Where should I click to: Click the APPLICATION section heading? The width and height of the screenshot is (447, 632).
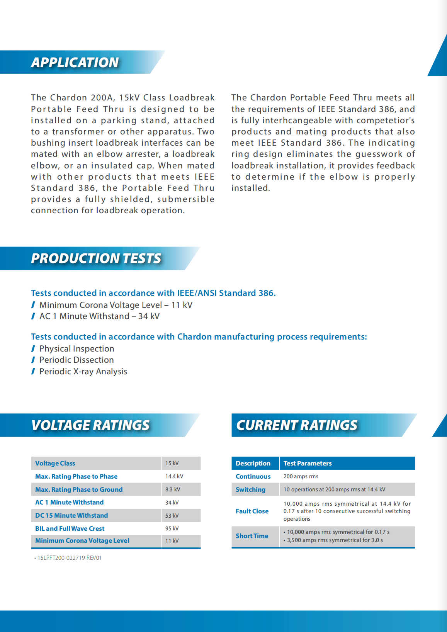(75, 62)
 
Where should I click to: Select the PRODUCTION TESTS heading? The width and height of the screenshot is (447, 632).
(96, 258)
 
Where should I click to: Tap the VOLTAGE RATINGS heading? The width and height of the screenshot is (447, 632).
(90, 425)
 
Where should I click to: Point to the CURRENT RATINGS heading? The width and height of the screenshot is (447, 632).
(297, 425)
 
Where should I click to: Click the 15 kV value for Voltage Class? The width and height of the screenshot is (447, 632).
(172, 463)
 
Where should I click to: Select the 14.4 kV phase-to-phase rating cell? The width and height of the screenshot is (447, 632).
(174, 476)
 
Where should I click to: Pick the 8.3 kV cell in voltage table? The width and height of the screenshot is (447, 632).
(173, 489)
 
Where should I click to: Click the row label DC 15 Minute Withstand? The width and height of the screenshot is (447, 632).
(71, 515)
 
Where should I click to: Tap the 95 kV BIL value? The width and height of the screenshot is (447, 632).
(172, 528)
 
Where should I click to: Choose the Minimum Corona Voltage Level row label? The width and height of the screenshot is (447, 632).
(82, 540)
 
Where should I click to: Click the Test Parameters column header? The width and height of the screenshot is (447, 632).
(308, 463)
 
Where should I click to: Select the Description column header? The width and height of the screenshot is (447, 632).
(253, 463)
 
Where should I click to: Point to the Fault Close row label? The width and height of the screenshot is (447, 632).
(252, 511)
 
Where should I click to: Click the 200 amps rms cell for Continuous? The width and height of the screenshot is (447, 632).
(301, 476)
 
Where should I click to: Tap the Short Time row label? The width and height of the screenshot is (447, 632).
(252, 536)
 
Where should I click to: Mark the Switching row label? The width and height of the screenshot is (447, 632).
(250, 489)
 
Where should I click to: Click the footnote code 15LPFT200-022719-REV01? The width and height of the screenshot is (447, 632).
(69, 558)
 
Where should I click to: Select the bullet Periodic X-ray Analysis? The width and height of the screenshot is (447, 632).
(83, 371)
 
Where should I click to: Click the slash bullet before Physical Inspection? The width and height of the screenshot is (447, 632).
(33, 349)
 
